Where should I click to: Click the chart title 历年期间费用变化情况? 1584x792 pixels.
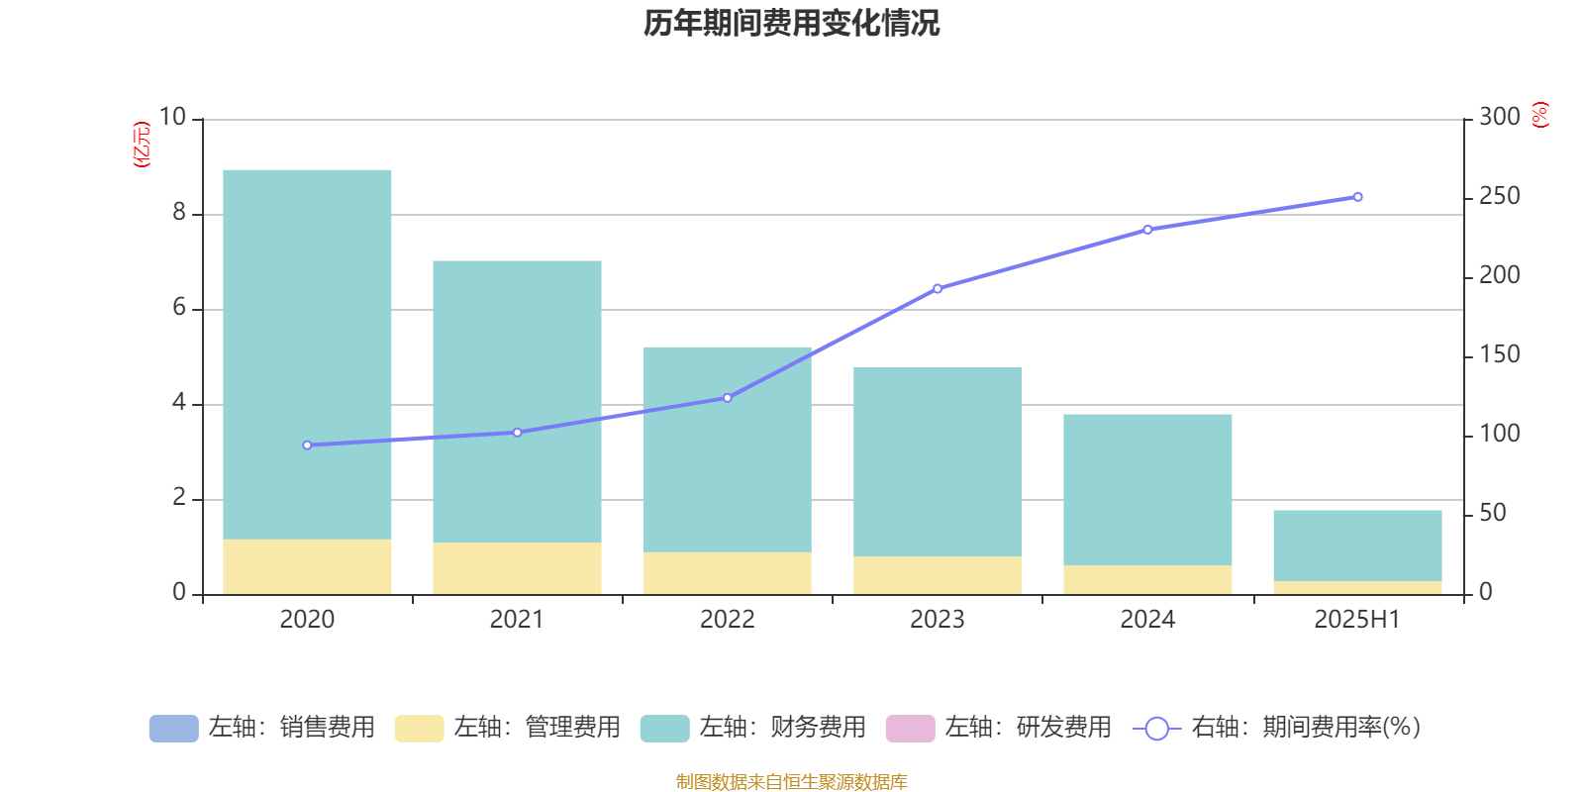coord(791,23)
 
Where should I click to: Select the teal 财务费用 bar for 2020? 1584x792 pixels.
coord(307,354)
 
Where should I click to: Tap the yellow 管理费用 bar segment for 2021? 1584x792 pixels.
coord(517,568)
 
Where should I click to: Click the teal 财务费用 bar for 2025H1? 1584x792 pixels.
coord(1357,545)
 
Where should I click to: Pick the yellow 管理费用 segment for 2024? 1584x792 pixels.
coord(1147,580)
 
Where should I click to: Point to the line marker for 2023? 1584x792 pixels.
coord(938,289)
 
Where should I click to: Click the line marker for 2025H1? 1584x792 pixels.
coord(1357,197)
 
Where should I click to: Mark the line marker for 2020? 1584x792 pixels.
coord(307,445)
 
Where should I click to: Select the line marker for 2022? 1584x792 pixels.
coord(728,398)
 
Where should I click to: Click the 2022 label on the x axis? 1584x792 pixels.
coord(728,620)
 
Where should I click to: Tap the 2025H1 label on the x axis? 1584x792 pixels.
coord(1357,620)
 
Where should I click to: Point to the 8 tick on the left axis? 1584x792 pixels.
coord(179,213)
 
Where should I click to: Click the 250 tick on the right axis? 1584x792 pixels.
coord(1499,197)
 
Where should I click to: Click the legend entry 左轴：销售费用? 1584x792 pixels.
coord(262,728)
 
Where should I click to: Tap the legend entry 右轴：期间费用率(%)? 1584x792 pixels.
coord(1277,728)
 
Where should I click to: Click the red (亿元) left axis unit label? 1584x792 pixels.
coord(142,145)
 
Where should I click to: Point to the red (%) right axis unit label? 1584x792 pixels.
coord(1539,115)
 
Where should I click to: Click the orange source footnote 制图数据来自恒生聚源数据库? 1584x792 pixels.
coord(791,782)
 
